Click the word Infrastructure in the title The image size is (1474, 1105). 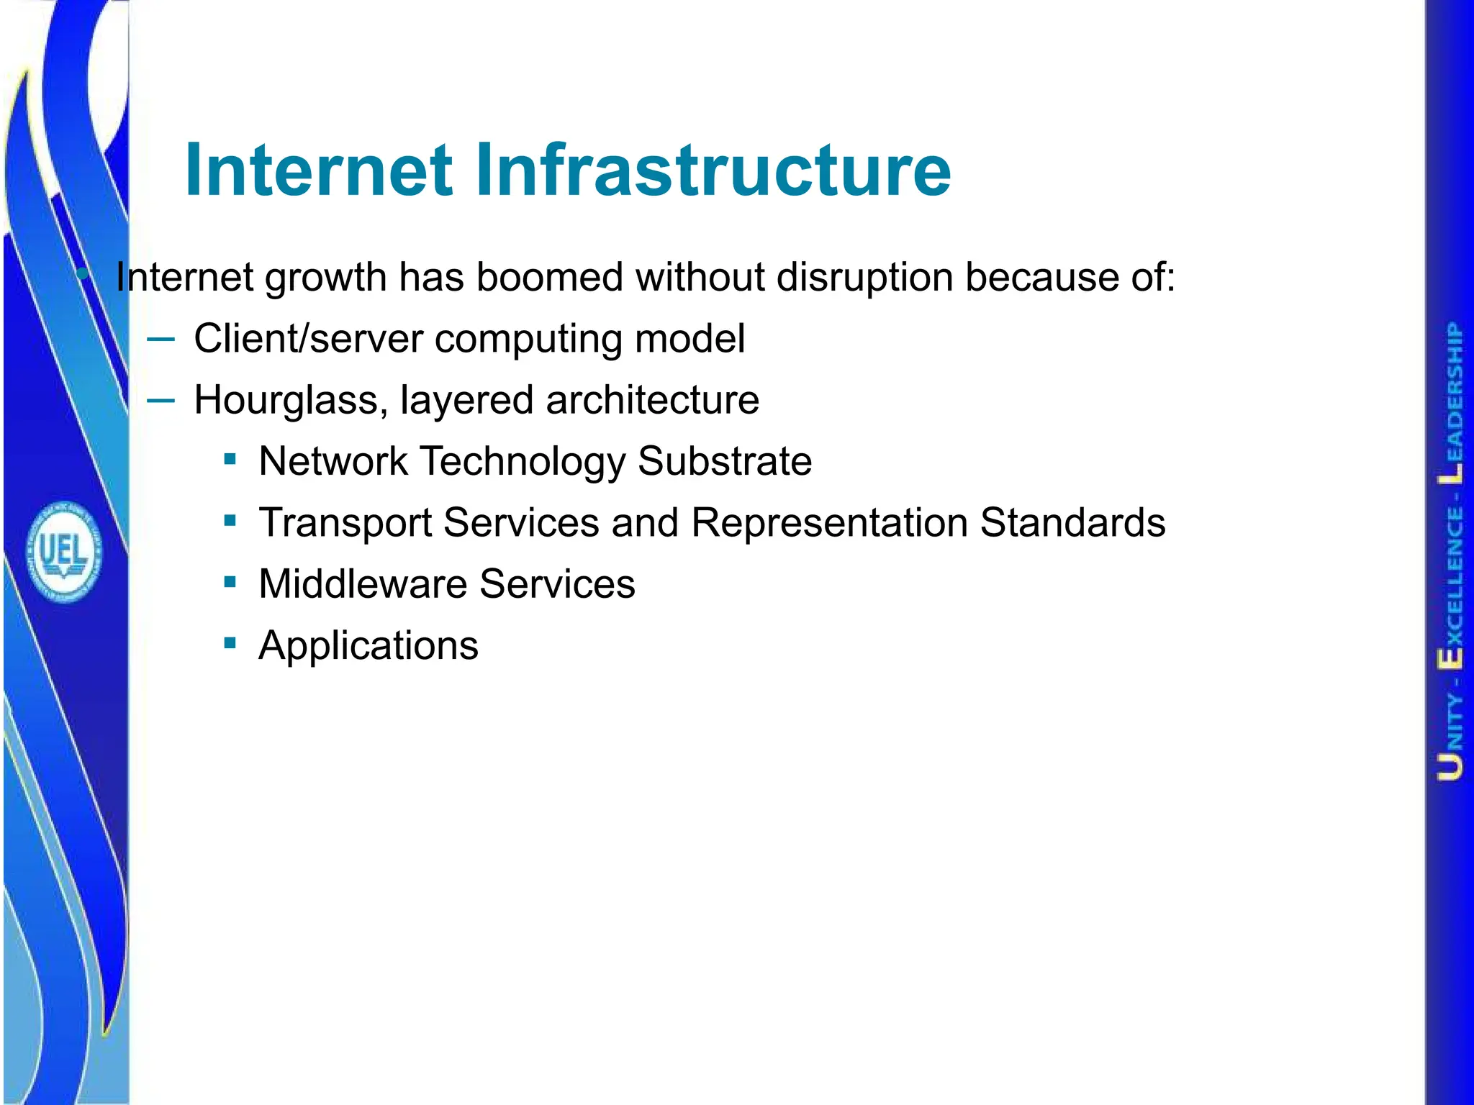(713, 170)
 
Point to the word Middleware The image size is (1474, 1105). (363, 583)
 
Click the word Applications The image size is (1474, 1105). (368, 645)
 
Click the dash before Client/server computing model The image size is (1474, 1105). (160, 338)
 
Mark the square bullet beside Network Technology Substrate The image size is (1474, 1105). (230, 459)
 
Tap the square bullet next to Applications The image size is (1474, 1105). (230, 642)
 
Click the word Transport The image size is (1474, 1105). (345, 522)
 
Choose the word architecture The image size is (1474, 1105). (652, 400)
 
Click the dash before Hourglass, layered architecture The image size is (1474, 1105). (160, 400)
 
